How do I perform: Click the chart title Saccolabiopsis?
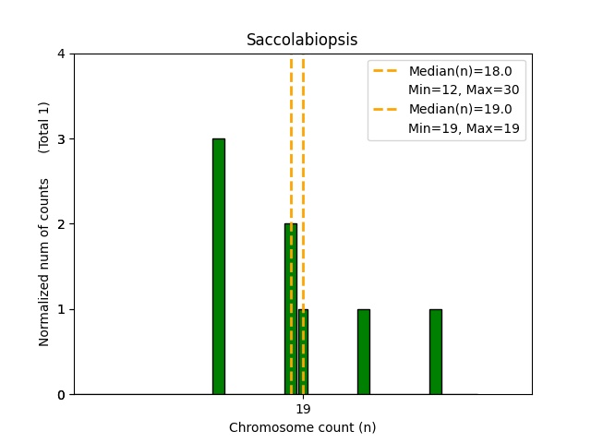pos(302,41)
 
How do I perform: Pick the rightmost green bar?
pos(436,352)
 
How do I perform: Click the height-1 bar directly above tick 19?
pos(304,352)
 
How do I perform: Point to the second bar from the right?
pos(364,352)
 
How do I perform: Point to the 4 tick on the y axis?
pos(61,54)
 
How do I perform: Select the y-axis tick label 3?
pos(61,139)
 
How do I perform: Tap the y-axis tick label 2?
pos(61,224)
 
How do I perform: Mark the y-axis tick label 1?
pos(61,309)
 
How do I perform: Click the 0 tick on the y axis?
pos(61,395)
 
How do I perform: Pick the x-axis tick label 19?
pos(303,409)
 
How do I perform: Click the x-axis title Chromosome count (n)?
pos(302,427)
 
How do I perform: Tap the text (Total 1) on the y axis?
pos(44,126)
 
